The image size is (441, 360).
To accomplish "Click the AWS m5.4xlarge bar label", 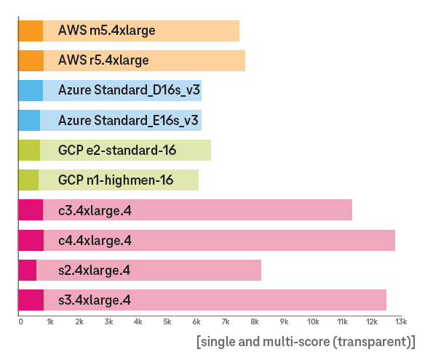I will pos(107,31).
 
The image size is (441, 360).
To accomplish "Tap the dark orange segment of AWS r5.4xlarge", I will pos(31,60).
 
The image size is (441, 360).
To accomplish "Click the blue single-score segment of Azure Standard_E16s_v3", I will pos(28,120).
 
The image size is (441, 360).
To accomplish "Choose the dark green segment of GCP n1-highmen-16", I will pos(28,180).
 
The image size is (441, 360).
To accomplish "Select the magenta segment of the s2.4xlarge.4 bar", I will pos(27,270).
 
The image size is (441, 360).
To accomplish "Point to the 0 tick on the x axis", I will pos(20,321).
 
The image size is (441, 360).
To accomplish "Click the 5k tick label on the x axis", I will pos(167,321).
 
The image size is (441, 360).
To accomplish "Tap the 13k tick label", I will pos(401,321).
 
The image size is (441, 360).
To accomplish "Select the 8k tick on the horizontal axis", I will pos(255,321).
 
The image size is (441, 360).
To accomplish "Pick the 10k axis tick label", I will pos(313,321).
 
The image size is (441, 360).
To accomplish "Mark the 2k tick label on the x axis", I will pos(79,321).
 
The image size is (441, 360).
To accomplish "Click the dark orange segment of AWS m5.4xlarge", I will pos(30,31).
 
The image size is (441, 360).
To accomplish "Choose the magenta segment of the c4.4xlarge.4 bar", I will pos(31,240).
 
